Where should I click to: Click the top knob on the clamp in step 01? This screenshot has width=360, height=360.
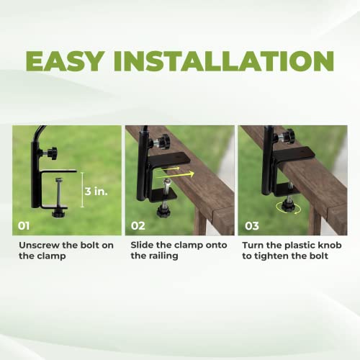coord(51,153)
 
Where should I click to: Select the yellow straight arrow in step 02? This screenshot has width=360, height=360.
coord(184,173)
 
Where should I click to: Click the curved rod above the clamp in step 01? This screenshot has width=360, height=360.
coord(40,132)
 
